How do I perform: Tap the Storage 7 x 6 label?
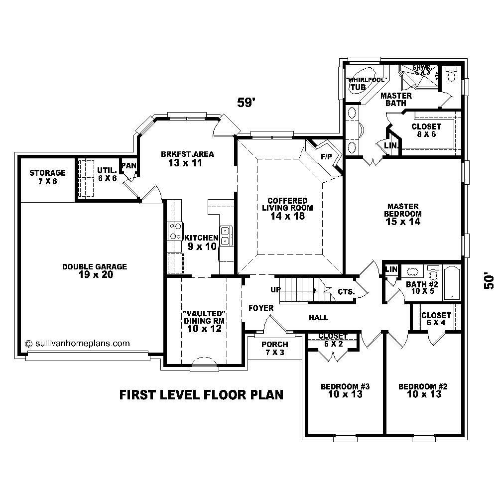[47, 177]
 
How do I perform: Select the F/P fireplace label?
[326, 156]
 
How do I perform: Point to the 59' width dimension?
[246, 103]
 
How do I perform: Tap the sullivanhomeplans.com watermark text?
[77, 343]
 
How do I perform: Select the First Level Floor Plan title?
[201, 395]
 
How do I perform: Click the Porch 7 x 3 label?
[274, 349]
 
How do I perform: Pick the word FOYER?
[261, 308]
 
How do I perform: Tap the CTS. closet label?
[346, 292]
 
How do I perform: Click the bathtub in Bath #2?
[451, 283]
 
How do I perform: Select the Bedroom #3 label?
[345, 390]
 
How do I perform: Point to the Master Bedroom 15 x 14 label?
[403, 214]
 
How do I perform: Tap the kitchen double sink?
[225, 236]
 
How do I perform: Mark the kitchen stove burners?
[175, 232]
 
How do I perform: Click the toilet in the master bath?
[451, 75]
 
